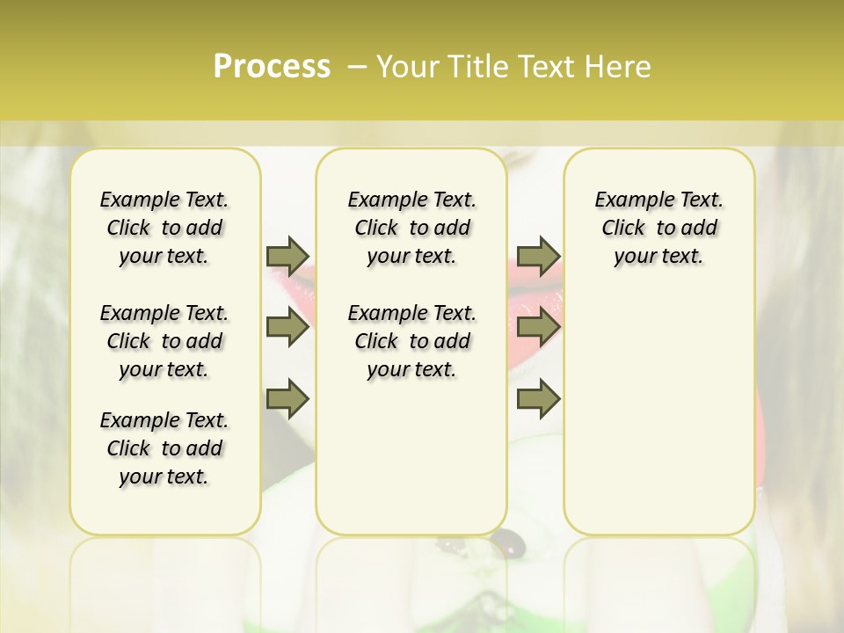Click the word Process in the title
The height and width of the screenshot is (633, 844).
tap(272, 67)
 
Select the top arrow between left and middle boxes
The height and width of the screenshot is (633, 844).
tap(287, 256)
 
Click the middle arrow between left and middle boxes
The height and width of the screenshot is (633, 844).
tap(287, 328)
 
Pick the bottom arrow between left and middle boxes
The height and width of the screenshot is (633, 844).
tap(287, 399)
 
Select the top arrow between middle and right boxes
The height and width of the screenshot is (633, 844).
tap(537, 256)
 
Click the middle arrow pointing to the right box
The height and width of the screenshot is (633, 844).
tap(537, 328)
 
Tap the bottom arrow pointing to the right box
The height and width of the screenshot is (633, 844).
tap(537, 399)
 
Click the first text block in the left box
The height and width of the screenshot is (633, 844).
tap(164, 228)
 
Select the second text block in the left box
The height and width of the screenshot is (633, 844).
tap(164, 341)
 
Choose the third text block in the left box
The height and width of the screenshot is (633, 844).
tap(164, 448)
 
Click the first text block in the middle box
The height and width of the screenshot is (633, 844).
tap(412, 228)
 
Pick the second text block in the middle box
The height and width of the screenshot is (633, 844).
tap(412, 341)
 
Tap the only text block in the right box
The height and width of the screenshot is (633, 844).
tap(659, 228)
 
